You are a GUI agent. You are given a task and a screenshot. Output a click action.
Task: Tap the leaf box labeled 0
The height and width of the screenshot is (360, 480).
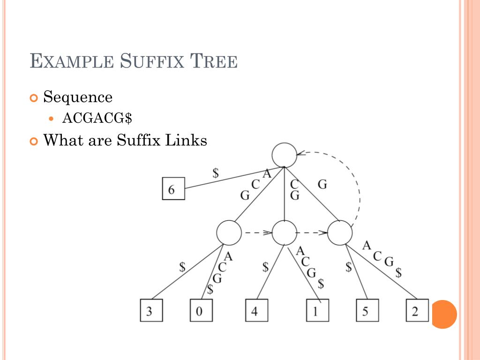(x=201, y=310)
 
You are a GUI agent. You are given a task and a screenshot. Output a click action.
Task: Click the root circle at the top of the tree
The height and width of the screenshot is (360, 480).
(x=285, y=155)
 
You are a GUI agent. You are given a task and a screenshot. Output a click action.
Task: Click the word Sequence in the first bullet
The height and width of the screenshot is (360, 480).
(x=78, y=97)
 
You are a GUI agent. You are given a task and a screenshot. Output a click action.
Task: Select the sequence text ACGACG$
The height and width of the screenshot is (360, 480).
(x=97, y=119)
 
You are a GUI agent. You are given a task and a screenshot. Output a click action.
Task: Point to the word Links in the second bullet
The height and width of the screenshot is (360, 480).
(x=185, y=140)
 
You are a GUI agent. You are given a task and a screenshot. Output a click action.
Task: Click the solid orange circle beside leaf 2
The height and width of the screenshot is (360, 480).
(x=443, y=314)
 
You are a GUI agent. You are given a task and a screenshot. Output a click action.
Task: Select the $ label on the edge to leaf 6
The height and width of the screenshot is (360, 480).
(x=216, y=172)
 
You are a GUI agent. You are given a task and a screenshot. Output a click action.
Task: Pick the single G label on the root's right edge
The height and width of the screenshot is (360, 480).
(x=322, y=185)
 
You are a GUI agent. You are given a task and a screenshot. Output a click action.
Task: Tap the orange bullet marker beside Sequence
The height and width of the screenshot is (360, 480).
(x=33, y=98)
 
